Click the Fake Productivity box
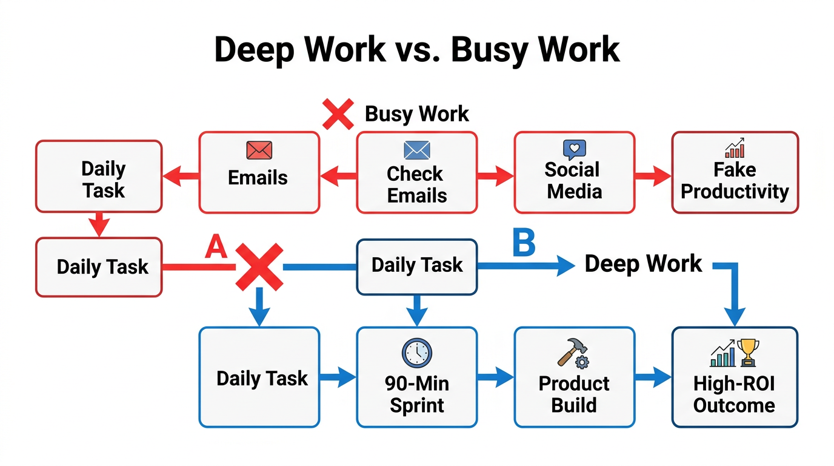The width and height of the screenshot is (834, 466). coord(735,173)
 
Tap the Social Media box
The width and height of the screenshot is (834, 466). coord(574,173)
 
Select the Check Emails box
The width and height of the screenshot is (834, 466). coord(416,173)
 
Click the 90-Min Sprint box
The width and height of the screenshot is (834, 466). coord(416,377)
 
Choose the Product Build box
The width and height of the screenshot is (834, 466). coord(574,377)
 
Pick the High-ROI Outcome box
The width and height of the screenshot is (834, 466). coord(735,377)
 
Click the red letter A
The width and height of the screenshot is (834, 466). coord(215,247)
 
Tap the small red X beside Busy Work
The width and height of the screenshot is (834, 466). coord(338,113)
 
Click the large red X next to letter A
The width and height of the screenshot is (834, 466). coord(259,267)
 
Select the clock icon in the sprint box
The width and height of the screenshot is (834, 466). coord(417,353)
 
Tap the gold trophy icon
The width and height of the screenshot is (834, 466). coord(748,351)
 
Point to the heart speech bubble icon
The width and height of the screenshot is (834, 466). coord(574,149)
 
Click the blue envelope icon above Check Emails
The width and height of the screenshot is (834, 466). coord(416,150)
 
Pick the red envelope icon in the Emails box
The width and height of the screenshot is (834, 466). coord(259,150)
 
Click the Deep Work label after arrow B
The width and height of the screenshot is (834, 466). coord(642,263)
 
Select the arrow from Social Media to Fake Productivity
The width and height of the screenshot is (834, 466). coord(653,177)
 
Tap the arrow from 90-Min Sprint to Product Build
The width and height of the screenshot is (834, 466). coord(495,377)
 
